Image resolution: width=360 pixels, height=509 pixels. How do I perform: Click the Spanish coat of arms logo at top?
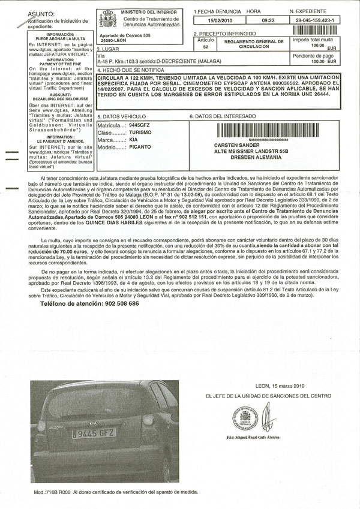click(x=109, y=20)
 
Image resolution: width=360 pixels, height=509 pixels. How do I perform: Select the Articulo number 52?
click(x=206, y=46)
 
